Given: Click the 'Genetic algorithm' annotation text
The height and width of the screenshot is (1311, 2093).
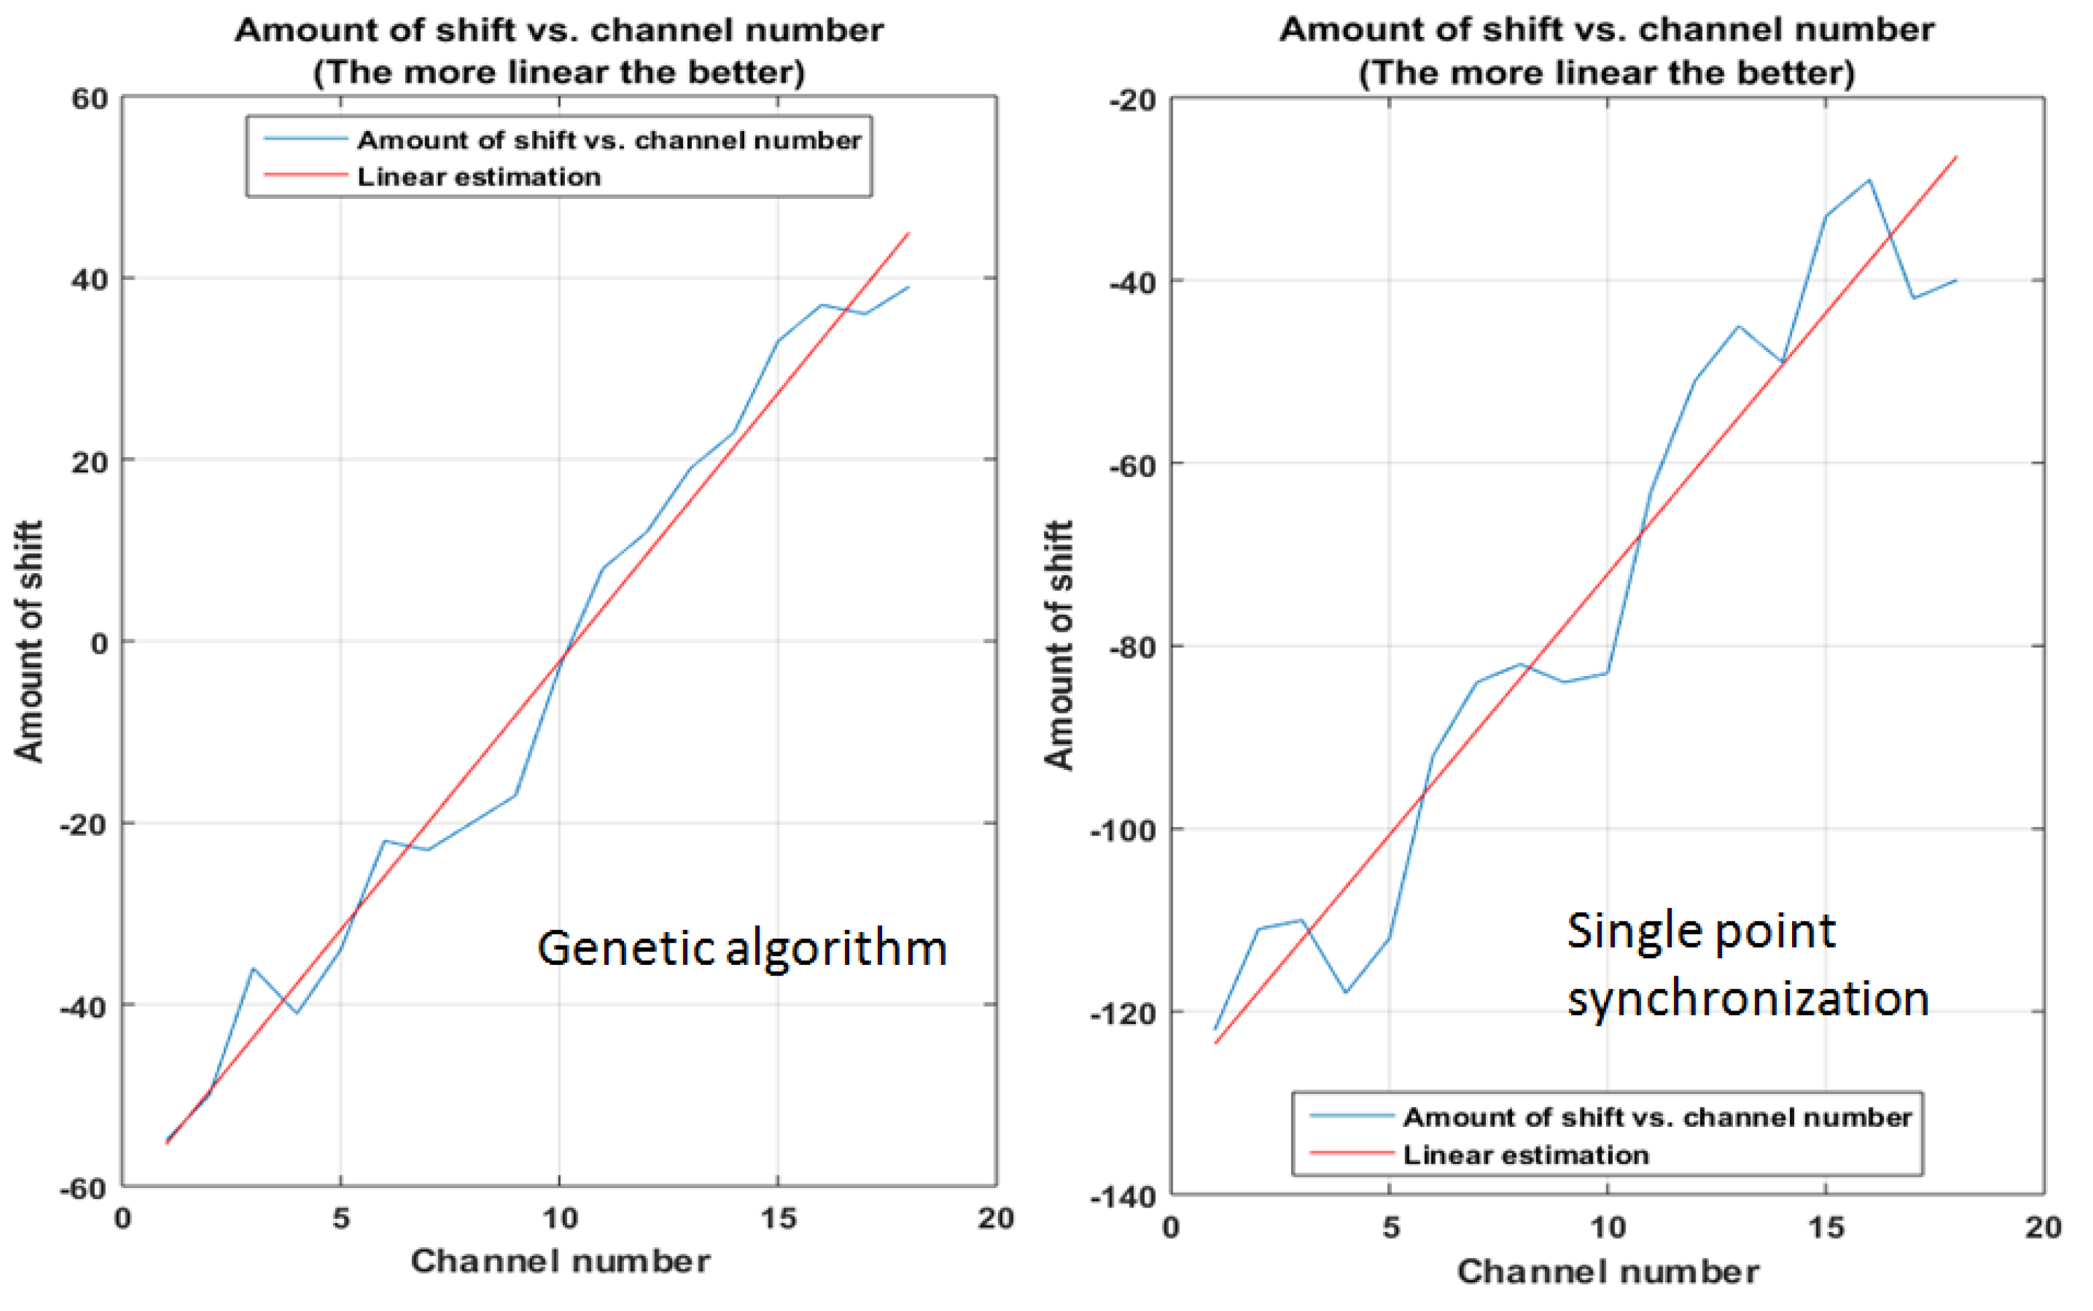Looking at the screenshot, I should click(742, 947).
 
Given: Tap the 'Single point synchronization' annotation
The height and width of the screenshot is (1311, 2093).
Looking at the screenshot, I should click(1747, 964).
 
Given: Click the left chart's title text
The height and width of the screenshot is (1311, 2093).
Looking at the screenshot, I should click(559, 50).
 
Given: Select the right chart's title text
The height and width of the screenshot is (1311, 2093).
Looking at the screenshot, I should click(1606, 50).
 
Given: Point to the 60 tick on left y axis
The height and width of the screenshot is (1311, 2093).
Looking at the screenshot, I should click(89, 99).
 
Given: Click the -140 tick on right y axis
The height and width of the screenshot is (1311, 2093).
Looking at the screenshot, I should click(1122, 1197).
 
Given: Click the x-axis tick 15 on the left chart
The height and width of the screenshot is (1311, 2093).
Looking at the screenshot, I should click(777, 1218).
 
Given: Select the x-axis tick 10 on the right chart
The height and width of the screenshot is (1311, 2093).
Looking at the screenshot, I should click(1607, 1227).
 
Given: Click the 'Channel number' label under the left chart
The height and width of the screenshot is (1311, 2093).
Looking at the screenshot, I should click(560, 1261).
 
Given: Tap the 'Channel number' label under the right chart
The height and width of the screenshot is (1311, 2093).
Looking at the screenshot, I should click(1607, 1272).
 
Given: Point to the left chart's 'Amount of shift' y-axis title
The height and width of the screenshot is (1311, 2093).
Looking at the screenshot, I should click(29, 642).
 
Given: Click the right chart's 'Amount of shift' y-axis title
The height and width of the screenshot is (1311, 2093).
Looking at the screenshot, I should click(1059, 645).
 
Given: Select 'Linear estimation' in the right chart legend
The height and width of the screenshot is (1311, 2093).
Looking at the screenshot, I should click(1525, 1155).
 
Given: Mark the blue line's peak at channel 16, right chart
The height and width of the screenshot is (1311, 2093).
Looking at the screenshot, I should click(1869, 180).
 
